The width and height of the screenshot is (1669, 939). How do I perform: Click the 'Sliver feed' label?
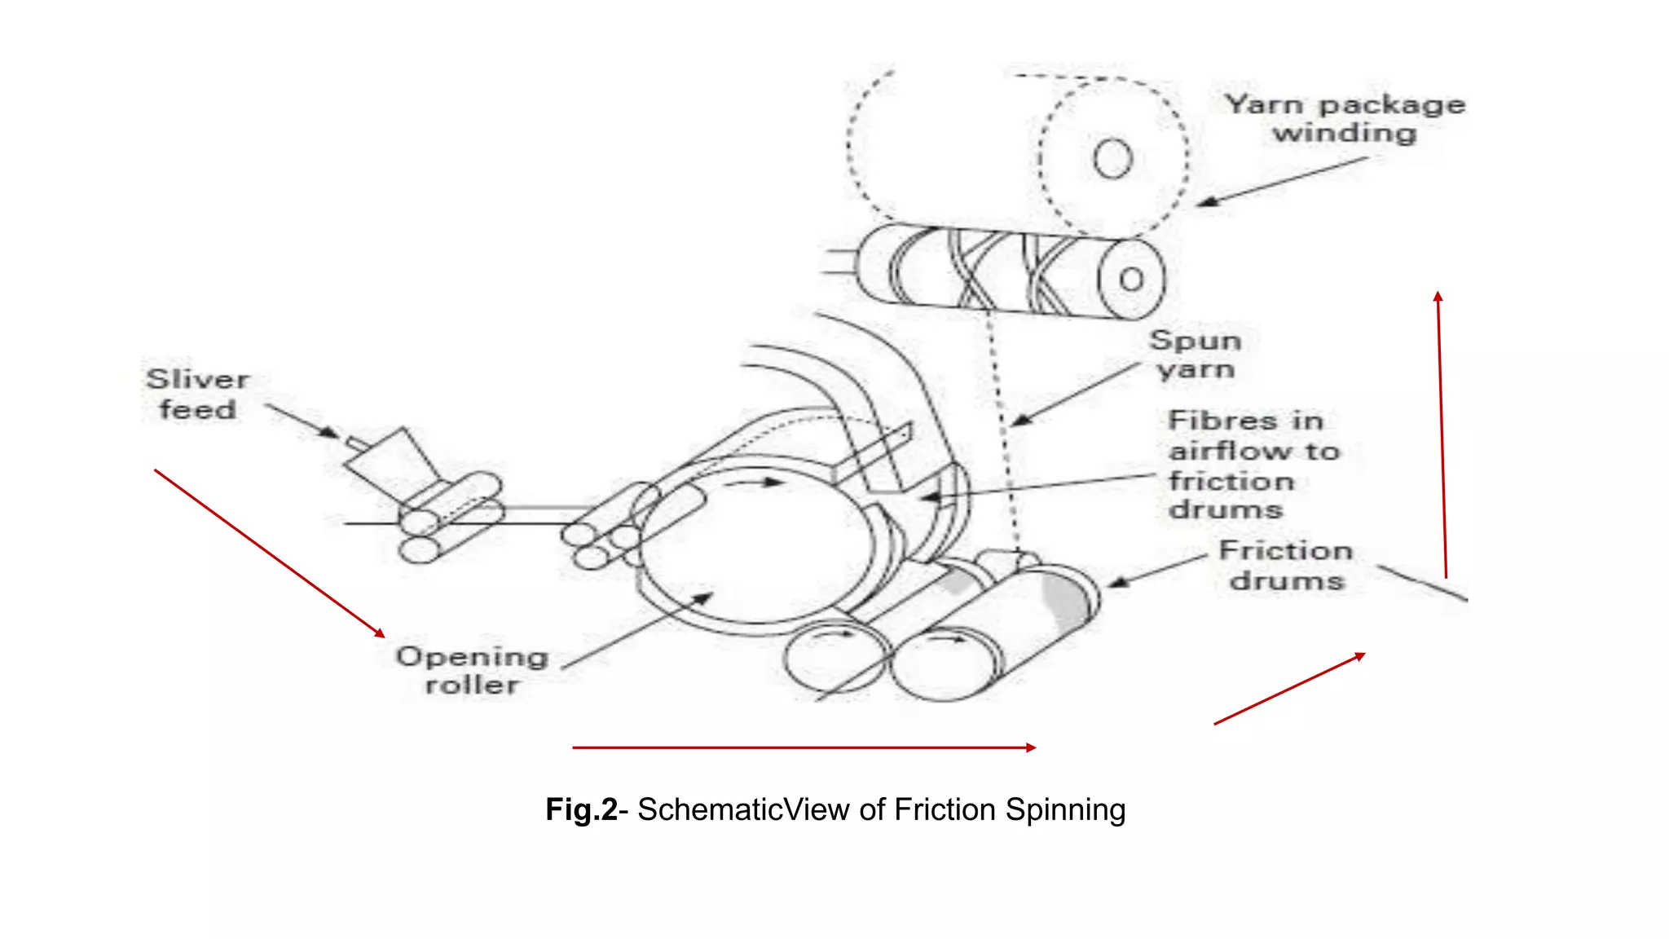pyautogui.click(x=197, y=395)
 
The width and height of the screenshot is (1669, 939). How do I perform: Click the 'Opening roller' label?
pyautogui.click(x=472, y=671)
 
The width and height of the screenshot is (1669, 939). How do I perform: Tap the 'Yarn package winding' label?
pyautogui.click(x=1345, y=119)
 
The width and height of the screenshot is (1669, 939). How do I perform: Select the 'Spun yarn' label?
pyautogui.click(x=1196, y=355)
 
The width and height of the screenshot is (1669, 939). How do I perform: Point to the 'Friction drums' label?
pyautogui.click(x=1286, y=566)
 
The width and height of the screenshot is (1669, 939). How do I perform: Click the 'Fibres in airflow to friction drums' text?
pyautogui.click(x=1253, y=465)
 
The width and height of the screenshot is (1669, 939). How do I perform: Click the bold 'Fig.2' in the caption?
pyautogui.click(x=581, y=810)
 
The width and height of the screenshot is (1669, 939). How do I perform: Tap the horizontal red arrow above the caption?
pyautogui.click(x=804, y=747)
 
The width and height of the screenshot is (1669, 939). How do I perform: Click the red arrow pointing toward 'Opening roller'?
pyautogui.click(x=269, y=553)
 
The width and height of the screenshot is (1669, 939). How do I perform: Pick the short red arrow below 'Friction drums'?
pyautogui.click(x=1289, y=689)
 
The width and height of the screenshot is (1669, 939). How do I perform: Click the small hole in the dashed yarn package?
pyautogui.click(x=1112, y=159)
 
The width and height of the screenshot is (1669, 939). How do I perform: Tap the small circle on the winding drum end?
pyautogui.click(x=1131, y=280)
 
